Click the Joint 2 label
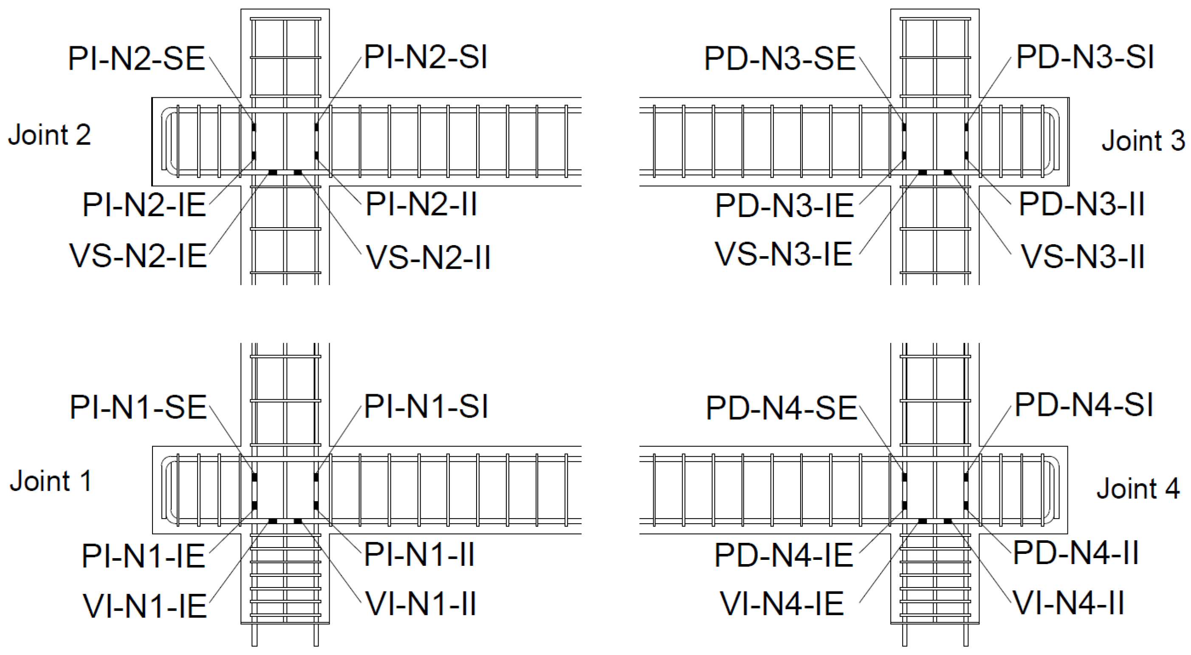coord(49,135)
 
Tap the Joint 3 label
coord(1143,141)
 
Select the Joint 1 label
coord(51,481)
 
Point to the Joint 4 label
coord(1138,488)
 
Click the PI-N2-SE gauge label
coord(136,59)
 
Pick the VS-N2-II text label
coord(428,257)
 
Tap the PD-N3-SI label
coord(1085,57)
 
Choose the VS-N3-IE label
coord(784,254)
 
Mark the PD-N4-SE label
coord(782,408)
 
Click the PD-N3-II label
coord(1081,204)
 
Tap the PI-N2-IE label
coord(144,205)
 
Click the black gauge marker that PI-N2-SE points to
coord(254,127)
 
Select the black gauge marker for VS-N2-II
coord(298,172)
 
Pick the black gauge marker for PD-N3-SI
coord(966,127)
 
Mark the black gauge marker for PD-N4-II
coord(966,505)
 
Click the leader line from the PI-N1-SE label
coord(231,439)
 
